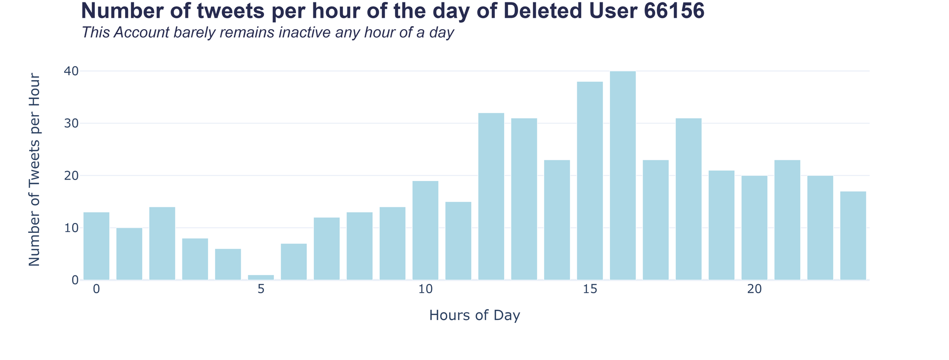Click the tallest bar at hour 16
click(623, 176)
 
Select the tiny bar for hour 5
click(261, 277)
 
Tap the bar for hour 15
click(590, 180)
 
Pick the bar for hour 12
click(491, 196)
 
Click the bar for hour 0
click(96, 246)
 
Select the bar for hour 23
click(853, 235)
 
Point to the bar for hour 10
click(426, 230)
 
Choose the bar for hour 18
click(689, 199)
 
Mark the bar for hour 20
click(754, 227)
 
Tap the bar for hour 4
click(228, 264)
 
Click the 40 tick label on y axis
click(71, 71)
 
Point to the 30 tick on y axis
click(71, 124)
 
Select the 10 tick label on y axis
click(71, 228)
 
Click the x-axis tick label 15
click(590, 289)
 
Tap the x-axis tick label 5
click(261, 289)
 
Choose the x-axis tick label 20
click(754, 289)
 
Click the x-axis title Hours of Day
click(474, 315)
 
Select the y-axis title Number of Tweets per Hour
click(34, 170)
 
